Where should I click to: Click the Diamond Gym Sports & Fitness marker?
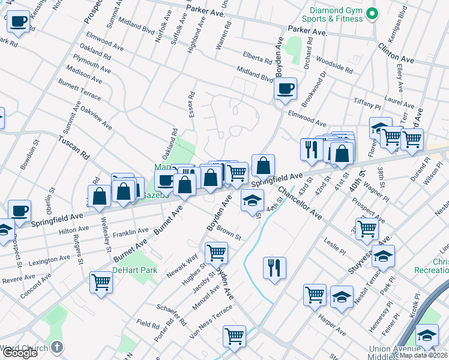[372, 13]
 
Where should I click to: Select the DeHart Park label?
[137, 270]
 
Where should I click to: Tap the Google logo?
[20, 353]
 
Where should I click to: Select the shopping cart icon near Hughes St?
[216, 253]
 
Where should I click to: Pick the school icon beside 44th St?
[253, 200]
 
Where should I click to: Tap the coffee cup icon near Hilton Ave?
[19, 210]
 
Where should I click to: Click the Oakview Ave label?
[96, 118]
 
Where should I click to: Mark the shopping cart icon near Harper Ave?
[315, 294]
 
